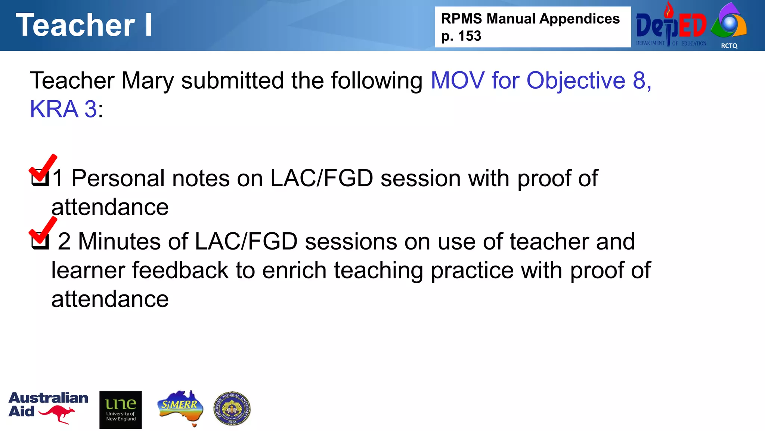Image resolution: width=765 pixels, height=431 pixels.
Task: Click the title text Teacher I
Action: click(84, 25)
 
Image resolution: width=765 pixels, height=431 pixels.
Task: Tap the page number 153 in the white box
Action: click(470, 36)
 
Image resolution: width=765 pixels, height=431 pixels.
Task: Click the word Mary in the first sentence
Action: click(148, 81)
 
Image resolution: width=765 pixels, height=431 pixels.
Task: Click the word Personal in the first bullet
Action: click(118, 178)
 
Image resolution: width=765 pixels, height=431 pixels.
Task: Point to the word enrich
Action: click(294, 270)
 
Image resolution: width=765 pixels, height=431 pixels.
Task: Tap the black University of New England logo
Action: click(121, 410)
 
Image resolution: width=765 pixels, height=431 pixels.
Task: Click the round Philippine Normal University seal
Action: click(232, 409)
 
